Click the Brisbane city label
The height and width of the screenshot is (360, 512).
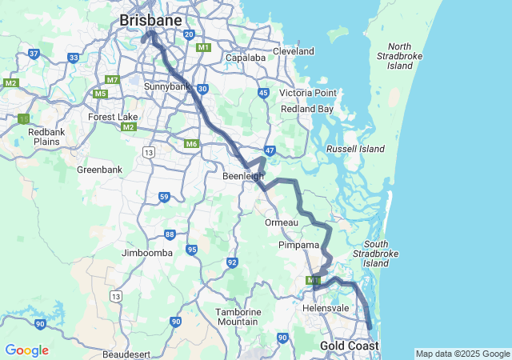point(150,19)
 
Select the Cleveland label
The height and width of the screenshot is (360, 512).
point(293,51)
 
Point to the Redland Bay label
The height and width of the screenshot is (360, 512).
point(307,109)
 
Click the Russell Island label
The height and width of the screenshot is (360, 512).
point(355,149)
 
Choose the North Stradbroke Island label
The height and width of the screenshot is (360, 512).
point(399,57)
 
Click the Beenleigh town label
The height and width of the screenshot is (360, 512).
point(243,176)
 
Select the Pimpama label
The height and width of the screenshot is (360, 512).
point(299,245)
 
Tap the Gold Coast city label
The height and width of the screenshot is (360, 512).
point(349,346)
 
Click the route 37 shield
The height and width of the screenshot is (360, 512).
point(34,54)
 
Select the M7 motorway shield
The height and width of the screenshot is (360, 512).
point(112,80)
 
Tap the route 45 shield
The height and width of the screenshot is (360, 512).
point(263,94)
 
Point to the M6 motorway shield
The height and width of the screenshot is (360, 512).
point(190,144)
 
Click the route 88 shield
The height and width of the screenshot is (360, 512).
point(170,234)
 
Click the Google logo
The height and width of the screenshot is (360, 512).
point(26,350)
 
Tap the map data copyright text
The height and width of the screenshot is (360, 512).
point(462,354)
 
